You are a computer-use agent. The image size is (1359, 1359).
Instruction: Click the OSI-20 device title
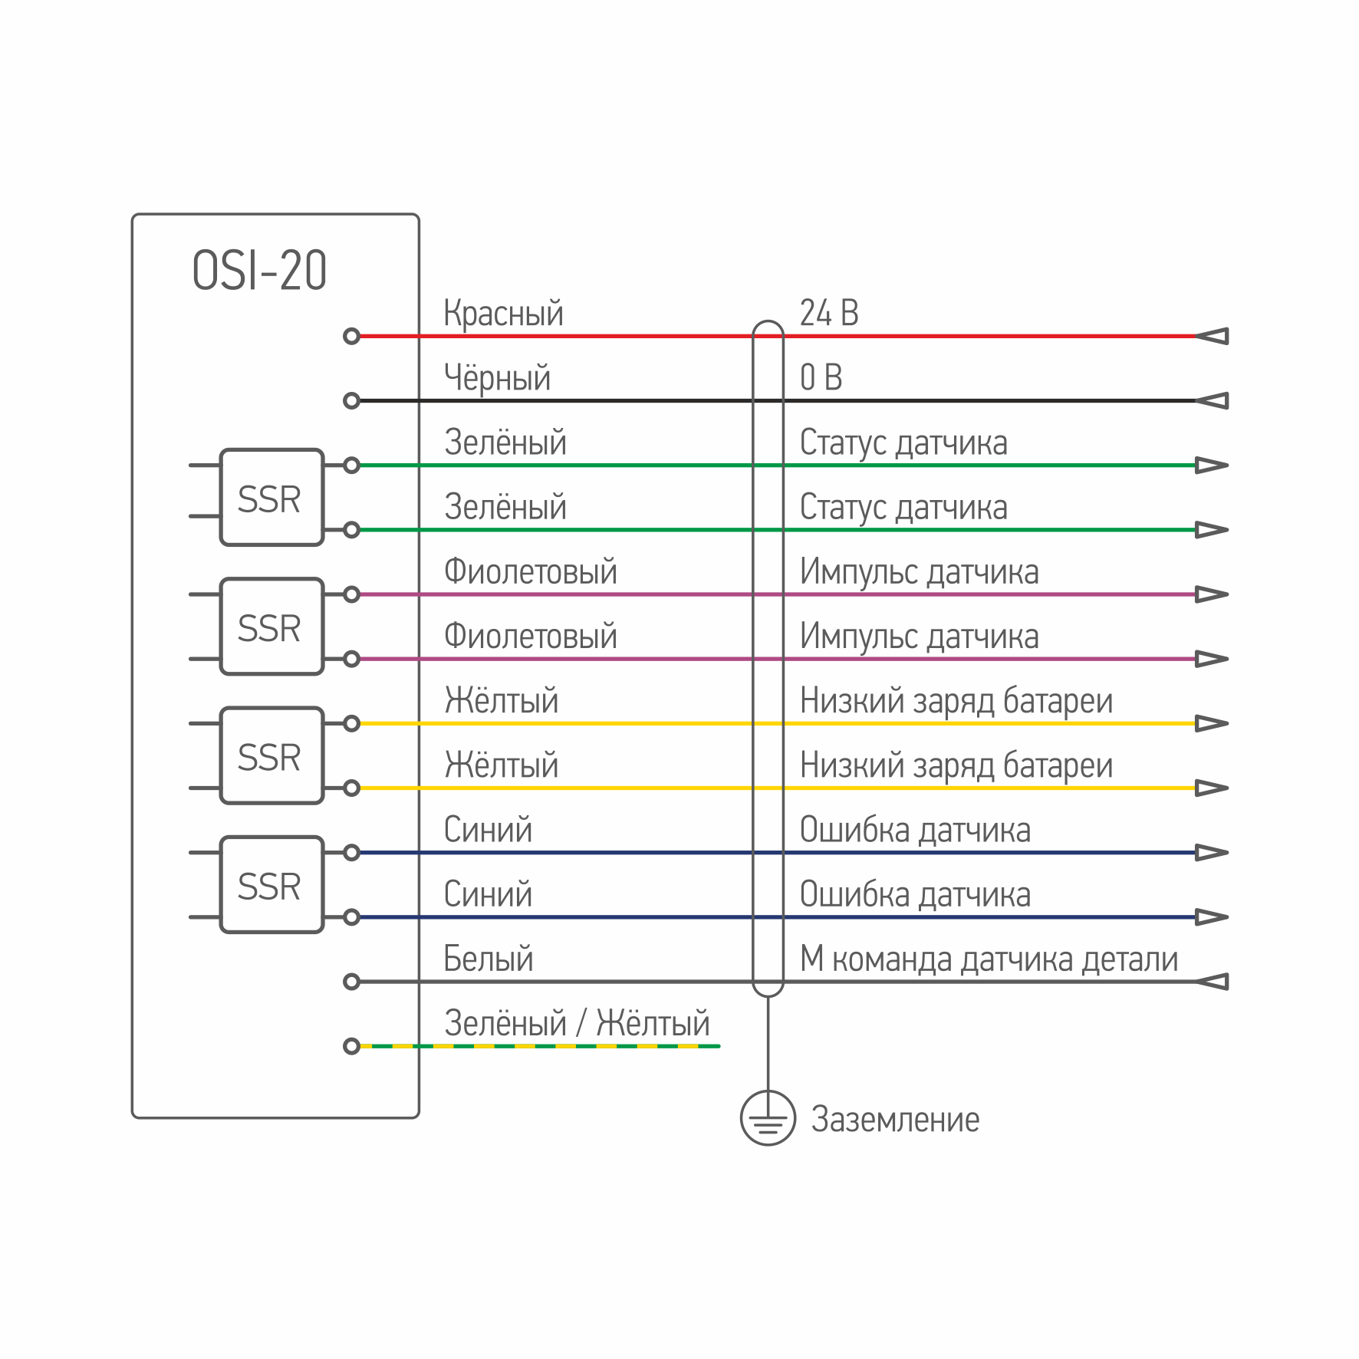pos(259,270)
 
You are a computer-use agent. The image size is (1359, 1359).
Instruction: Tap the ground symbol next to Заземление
pos(768,1117)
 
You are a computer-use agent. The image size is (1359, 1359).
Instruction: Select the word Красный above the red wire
pos(503,314)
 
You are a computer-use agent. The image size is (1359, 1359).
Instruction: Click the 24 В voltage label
pos(829,313)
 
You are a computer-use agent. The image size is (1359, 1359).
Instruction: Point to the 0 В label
pos(821,377)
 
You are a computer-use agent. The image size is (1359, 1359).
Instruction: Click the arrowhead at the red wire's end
pos(1213,336)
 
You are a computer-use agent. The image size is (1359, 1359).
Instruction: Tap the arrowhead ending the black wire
pos(1213,400)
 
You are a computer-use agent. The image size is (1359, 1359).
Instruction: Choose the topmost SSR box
pos(271,497)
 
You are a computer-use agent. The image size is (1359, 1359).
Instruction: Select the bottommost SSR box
pos(271,884)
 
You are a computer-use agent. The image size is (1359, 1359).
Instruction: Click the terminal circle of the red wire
pos(351,336)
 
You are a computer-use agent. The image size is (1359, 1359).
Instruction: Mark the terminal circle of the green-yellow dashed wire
pos(351,1046)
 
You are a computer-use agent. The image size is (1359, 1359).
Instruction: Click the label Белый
pos(488,959)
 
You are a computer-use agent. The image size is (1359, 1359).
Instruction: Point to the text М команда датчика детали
pos(989,959)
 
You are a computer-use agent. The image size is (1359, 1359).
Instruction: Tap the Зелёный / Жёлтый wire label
pos(577,1023)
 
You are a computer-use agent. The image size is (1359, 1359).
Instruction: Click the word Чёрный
pos(497,377)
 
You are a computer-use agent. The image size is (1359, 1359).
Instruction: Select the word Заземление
pos(895,1120)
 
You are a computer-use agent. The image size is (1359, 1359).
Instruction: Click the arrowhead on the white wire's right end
pos(1213,982)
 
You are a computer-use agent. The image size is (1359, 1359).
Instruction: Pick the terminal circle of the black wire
pos(351,400)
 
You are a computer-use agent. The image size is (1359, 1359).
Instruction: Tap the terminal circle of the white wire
pos(351,982)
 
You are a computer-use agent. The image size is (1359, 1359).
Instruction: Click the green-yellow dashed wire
pos(540,1046)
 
